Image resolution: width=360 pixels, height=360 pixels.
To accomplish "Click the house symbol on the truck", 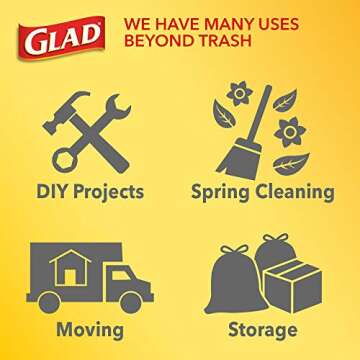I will [x=68, y=264].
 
